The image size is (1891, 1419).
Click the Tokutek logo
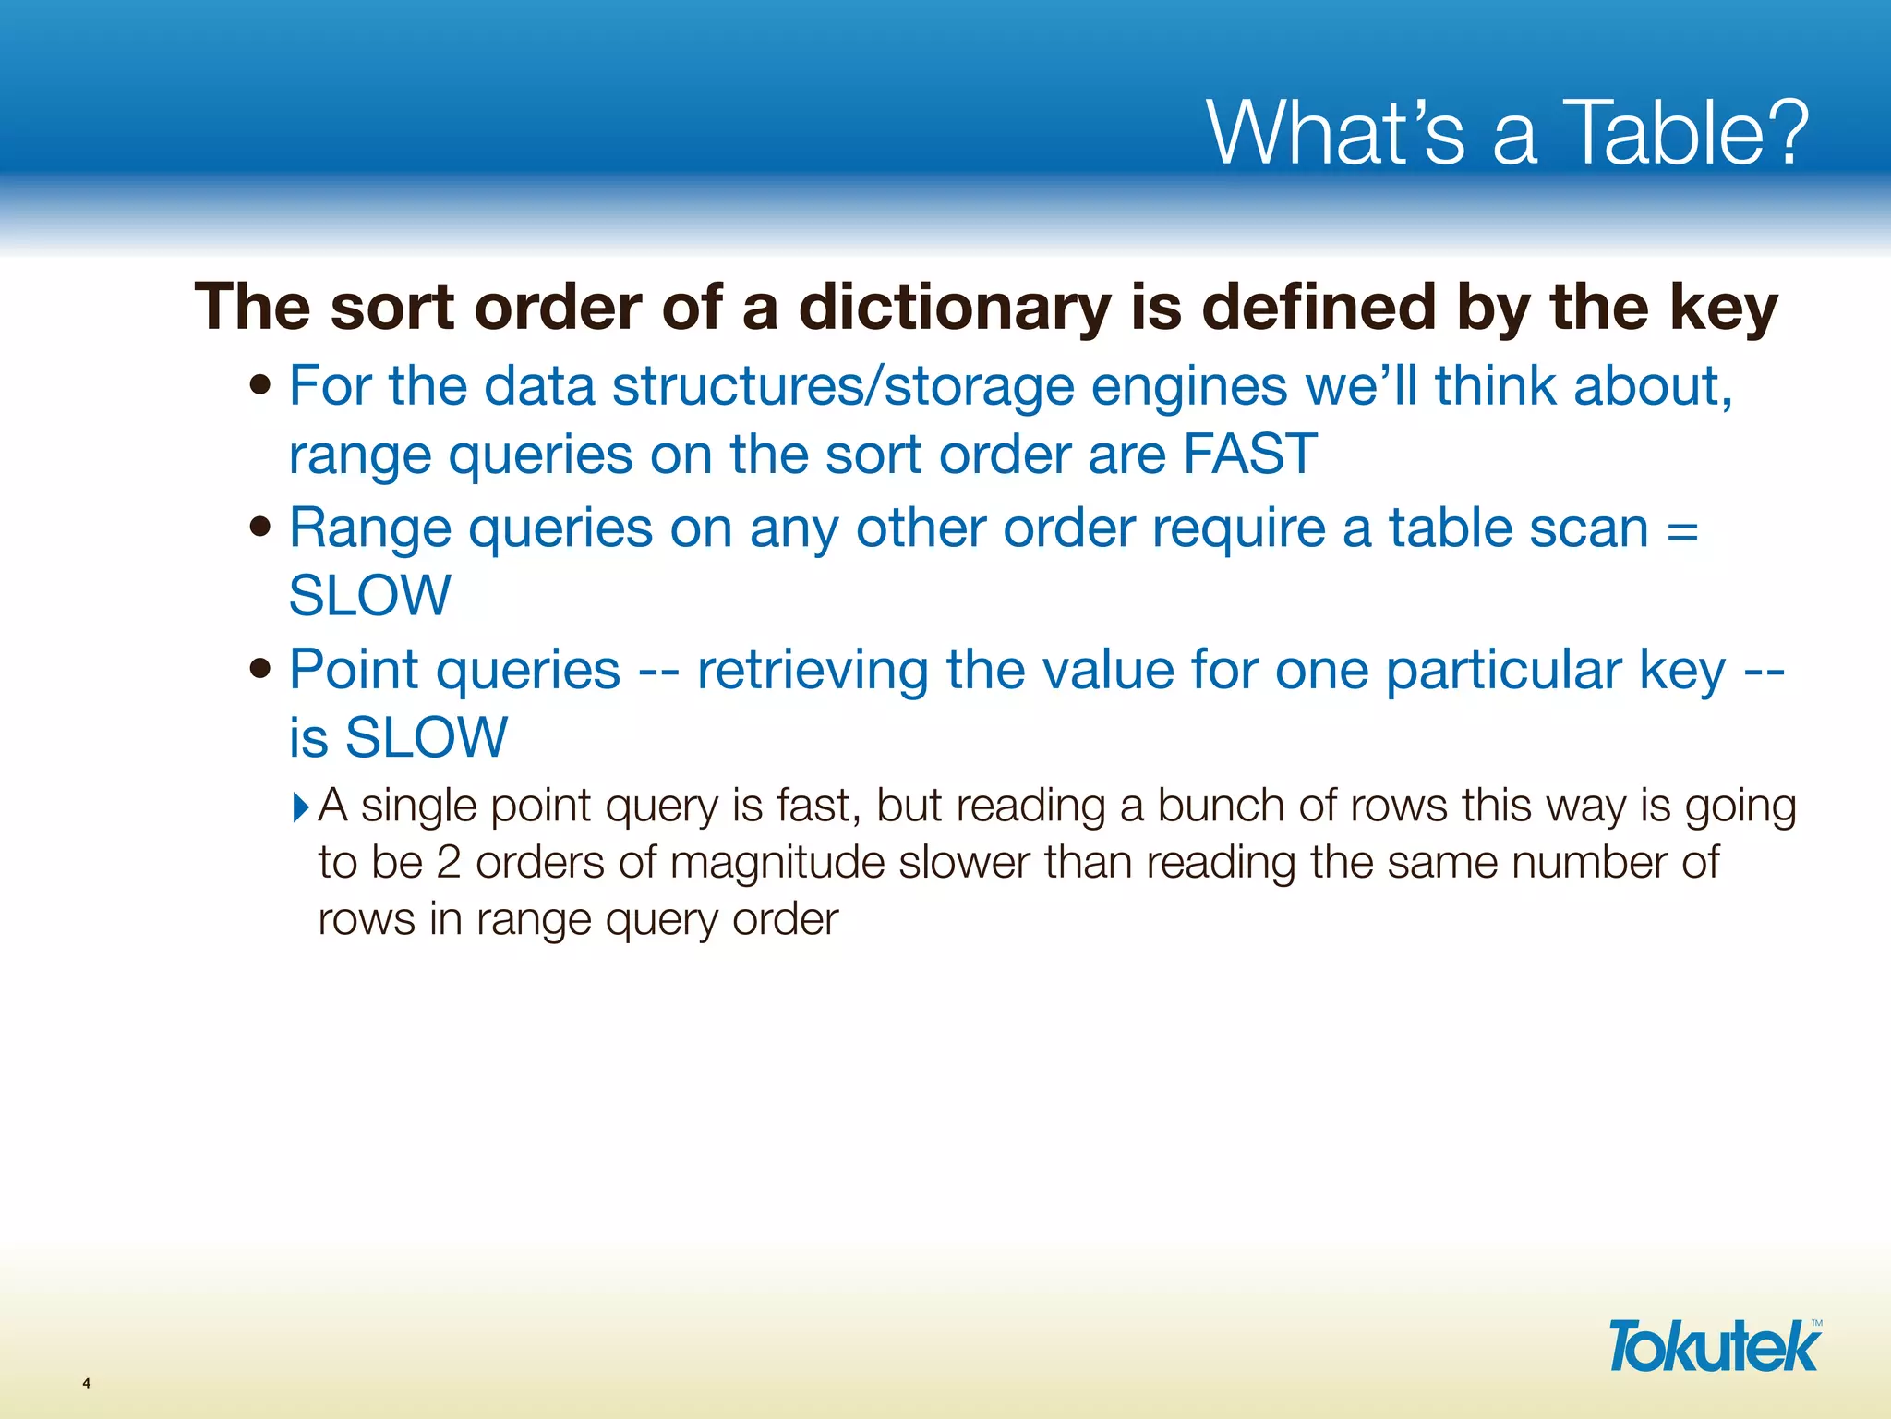point(1713,1347)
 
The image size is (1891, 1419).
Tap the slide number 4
point(87,1383)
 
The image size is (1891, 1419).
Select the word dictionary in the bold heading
point(955,308)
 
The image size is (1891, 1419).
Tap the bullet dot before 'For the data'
point(260,384)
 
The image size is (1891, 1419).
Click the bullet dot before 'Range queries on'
point(260,527)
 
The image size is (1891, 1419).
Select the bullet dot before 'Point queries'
point(260,668)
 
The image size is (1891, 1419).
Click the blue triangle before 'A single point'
point(301,807)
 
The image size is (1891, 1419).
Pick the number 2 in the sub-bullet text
point(448,863)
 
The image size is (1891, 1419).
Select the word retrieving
point(812,671)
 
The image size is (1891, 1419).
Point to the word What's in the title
point(1335,133)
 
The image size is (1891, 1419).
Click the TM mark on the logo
point(1816,1324)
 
